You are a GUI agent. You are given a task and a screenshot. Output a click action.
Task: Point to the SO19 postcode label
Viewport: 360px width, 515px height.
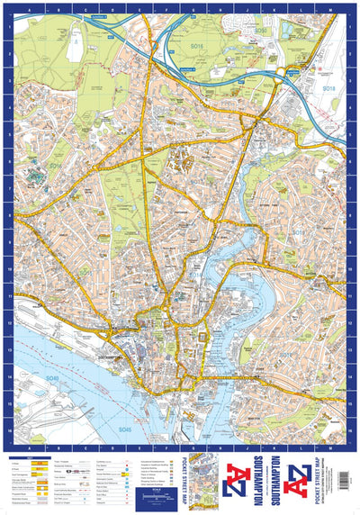[x=286, y=354]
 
